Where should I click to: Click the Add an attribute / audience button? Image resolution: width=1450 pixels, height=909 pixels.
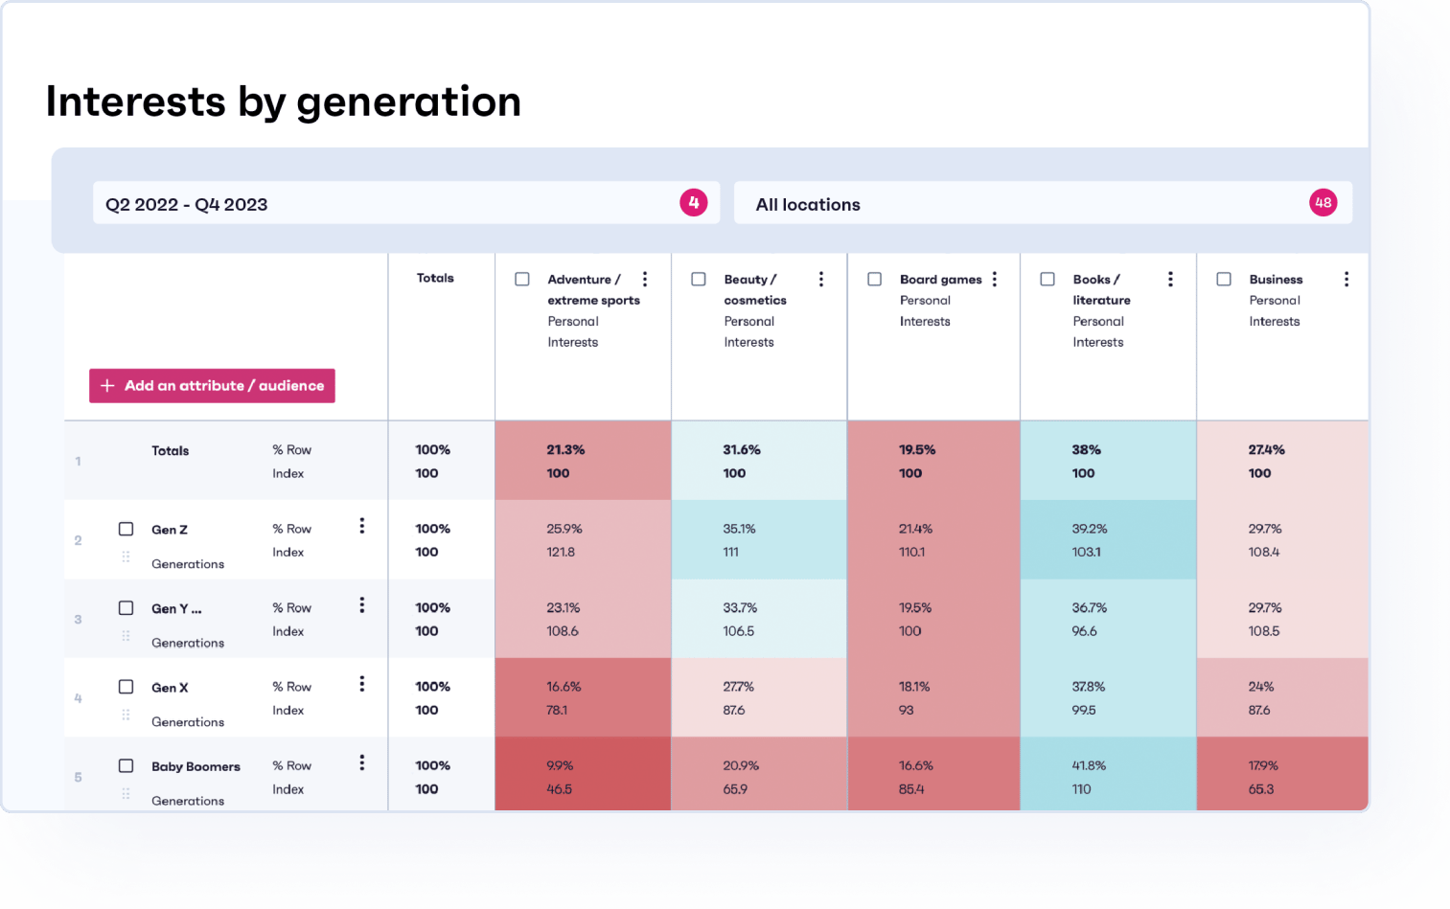point(212,386)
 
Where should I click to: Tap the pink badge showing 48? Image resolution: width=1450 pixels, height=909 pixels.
point(1323,203)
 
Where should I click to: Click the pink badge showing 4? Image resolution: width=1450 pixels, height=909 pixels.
point(694,203)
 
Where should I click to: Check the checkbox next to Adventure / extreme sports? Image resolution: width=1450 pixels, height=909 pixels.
point(522,280)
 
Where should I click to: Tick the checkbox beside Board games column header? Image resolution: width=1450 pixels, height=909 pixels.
point(874,280)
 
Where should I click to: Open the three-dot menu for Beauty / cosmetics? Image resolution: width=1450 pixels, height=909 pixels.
point(821,279)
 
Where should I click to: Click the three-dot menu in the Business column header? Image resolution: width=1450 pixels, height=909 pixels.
point(1346,279)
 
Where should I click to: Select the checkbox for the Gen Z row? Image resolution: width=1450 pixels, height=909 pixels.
point(126,529)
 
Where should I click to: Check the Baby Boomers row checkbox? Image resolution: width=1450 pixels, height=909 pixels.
point(126,765)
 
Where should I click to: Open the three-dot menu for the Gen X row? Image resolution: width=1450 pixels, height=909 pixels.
point(361,684)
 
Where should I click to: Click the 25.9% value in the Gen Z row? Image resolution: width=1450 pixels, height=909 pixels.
point(564,529)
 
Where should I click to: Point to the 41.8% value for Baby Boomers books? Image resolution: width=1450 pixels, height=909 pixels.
point(1089,765)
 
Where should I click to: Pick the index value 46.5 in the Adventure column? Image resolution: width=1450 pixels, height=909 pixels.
point(559,789)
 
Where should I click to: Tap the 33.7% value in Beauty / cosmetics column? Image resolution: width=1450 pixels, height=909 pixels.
point(740,608)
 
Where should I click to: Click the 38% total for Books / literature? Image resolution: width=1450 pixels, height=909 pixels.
point(1086,450)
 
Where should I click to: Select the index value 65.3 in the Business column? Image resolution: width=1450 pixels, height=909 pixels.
point(1261,789)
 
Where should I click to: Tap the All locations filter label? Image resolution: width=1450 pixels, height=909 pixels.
point(808,205)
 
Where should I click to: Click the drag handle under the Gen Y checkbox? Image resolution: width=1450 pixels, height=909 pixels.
point(126,635)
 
